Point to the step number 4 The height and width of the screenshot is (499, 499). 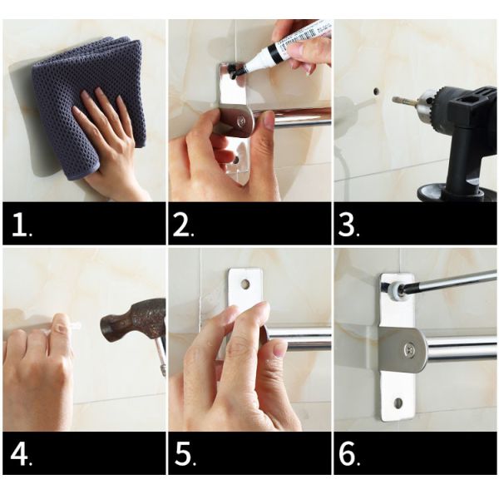[x=20, y=455]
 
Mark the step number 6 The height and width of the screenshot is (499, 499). [x=350, y=455]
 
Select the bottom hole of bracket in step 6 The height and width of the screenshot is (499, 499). [x=398, y=403]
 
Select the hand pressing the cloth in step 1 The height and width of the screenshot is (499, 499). [x=112, y=141]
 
